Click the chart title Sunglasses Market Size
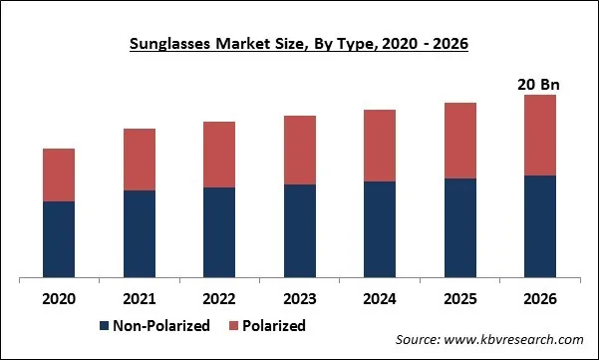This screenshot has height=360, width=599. click(x=299, y=44)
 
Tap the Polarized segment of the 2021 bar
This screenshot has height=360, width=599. click(x=140, y=160)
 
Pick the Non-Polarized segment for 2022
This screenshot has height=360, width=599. click(x=219, y=232)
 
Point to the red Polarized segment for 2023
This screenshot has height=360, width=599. click(x=300, y=150)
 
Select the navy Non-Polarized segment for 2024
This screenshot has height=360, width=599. click(x=380, y=229)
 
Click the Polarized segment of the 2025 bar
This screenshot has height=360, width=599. click(x=460, y=141)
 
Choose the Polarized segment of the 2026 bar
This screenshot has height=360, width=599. click(x=540, y=135)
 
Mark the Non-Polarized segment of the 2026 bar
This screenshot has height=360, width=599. click(x=540, y=226)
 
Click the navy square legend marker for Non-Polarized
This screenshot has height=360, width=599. click(x=105, y=326)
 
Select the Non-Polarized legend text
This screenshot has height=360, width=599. click(x=160, y=326)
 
